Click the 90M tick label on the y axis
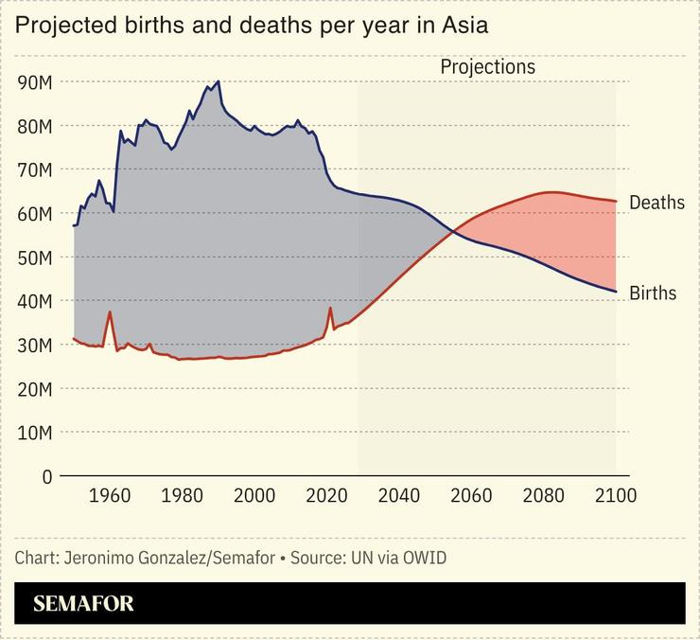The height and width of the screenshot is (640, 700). [x=35, y=82]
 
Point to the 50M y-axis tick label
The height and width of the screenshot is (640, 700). [x=35, y=258]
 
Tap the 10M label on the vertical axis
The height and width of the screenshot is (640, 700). [x=35, y=433]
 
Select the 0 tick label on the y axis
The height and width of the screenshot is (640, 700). [x=46, y=476]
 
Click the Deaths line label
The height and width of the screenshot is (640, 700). [x=656, y=204]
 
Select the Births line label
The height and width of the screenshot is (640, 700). [x=653, y=293]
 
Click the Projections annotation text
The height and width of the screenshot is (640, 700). [x=487, y=67]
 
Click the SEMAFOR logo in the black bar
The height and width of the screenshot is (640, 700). [x=83, y=604]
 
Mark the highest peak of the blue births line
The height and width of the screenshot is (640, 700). [x=219, y=81]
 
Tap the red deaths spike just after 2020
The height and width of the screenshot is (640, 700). [x=330, y=308]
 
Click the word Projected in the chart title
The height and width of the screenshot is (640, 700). [x=61, y=26]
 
